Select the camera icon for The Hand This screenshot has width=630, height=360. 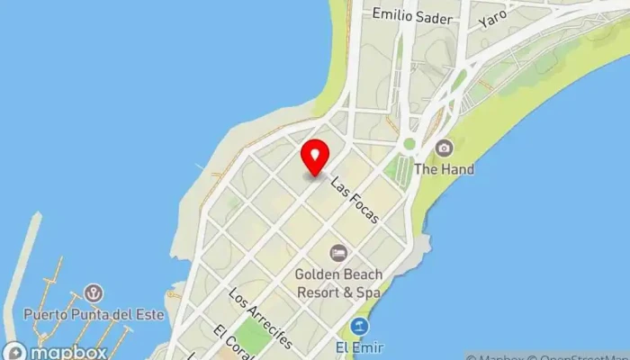pos(443,148)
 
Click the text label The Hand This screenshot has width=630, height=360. pos(444,168)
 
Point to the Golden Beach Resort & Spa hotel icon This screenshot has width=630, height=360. pos(337,253)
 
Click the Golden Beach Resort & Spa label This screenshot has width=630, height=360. pos(338,283)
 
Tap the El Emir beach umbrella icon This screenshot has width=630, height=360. pos(360,326)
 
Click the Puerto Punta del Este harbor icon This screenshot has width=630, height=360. pos(93,293)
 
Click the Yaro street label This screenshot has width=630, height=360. pos(493,17)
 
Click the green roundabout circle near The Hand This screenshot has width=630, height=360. pos(409,143)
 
